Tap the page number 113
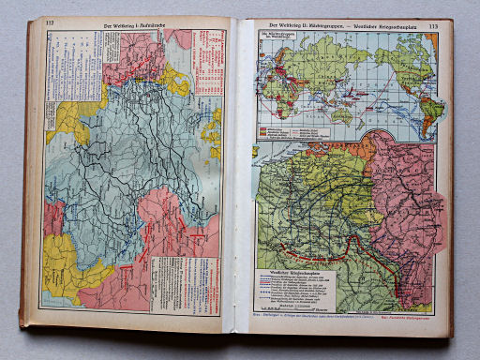point(434,25)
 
